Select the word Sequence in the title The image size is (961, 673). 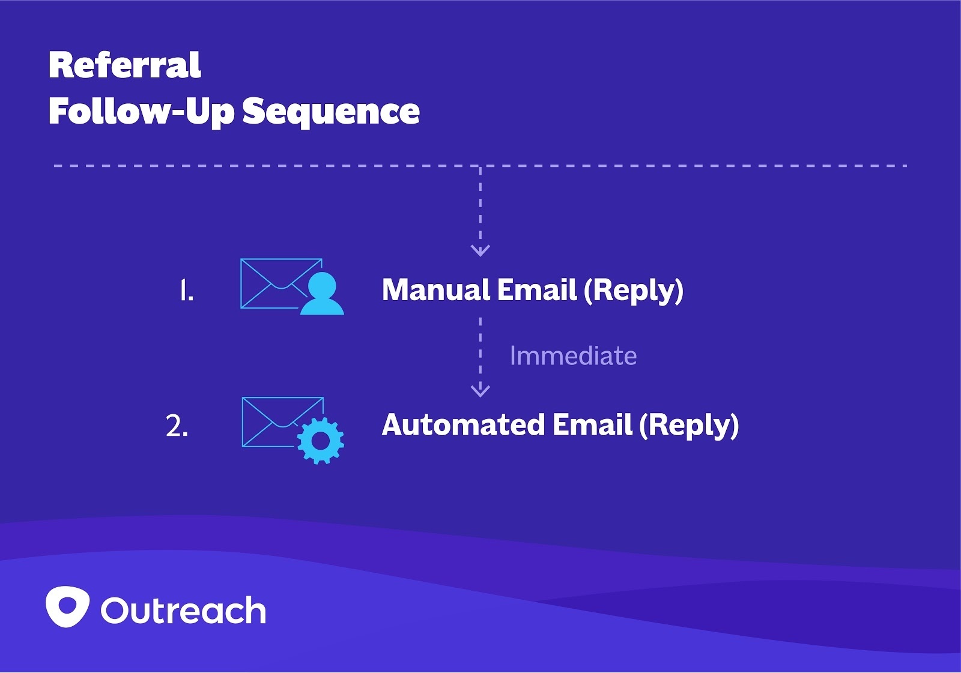(x=331, y=112)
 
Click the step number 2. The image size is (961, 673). (x=177, y=426)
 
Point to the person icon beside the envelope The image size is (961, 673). (x=322, y=294)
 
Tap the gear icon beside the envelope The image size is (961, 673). (x=321, y=440)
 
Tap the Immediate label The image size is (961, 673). (x=573, y=356)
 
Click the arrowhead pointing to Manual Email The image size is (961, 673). (x=480, y=250)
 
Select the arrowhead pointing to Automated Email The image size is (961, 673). (x=480, y=390)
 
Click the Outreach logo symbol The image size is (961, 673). (x=67, y=606)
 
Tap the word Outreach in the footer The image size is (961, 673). (x=183, y=611)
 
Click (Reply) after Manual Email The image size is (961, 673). (x=634, y=291)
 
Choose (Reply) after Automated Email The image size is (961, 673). (x=689, y=426)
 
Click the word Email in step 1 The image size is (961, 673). (x=537, y=290)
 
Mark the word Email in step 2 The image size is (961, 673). (x=592, y=425)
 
